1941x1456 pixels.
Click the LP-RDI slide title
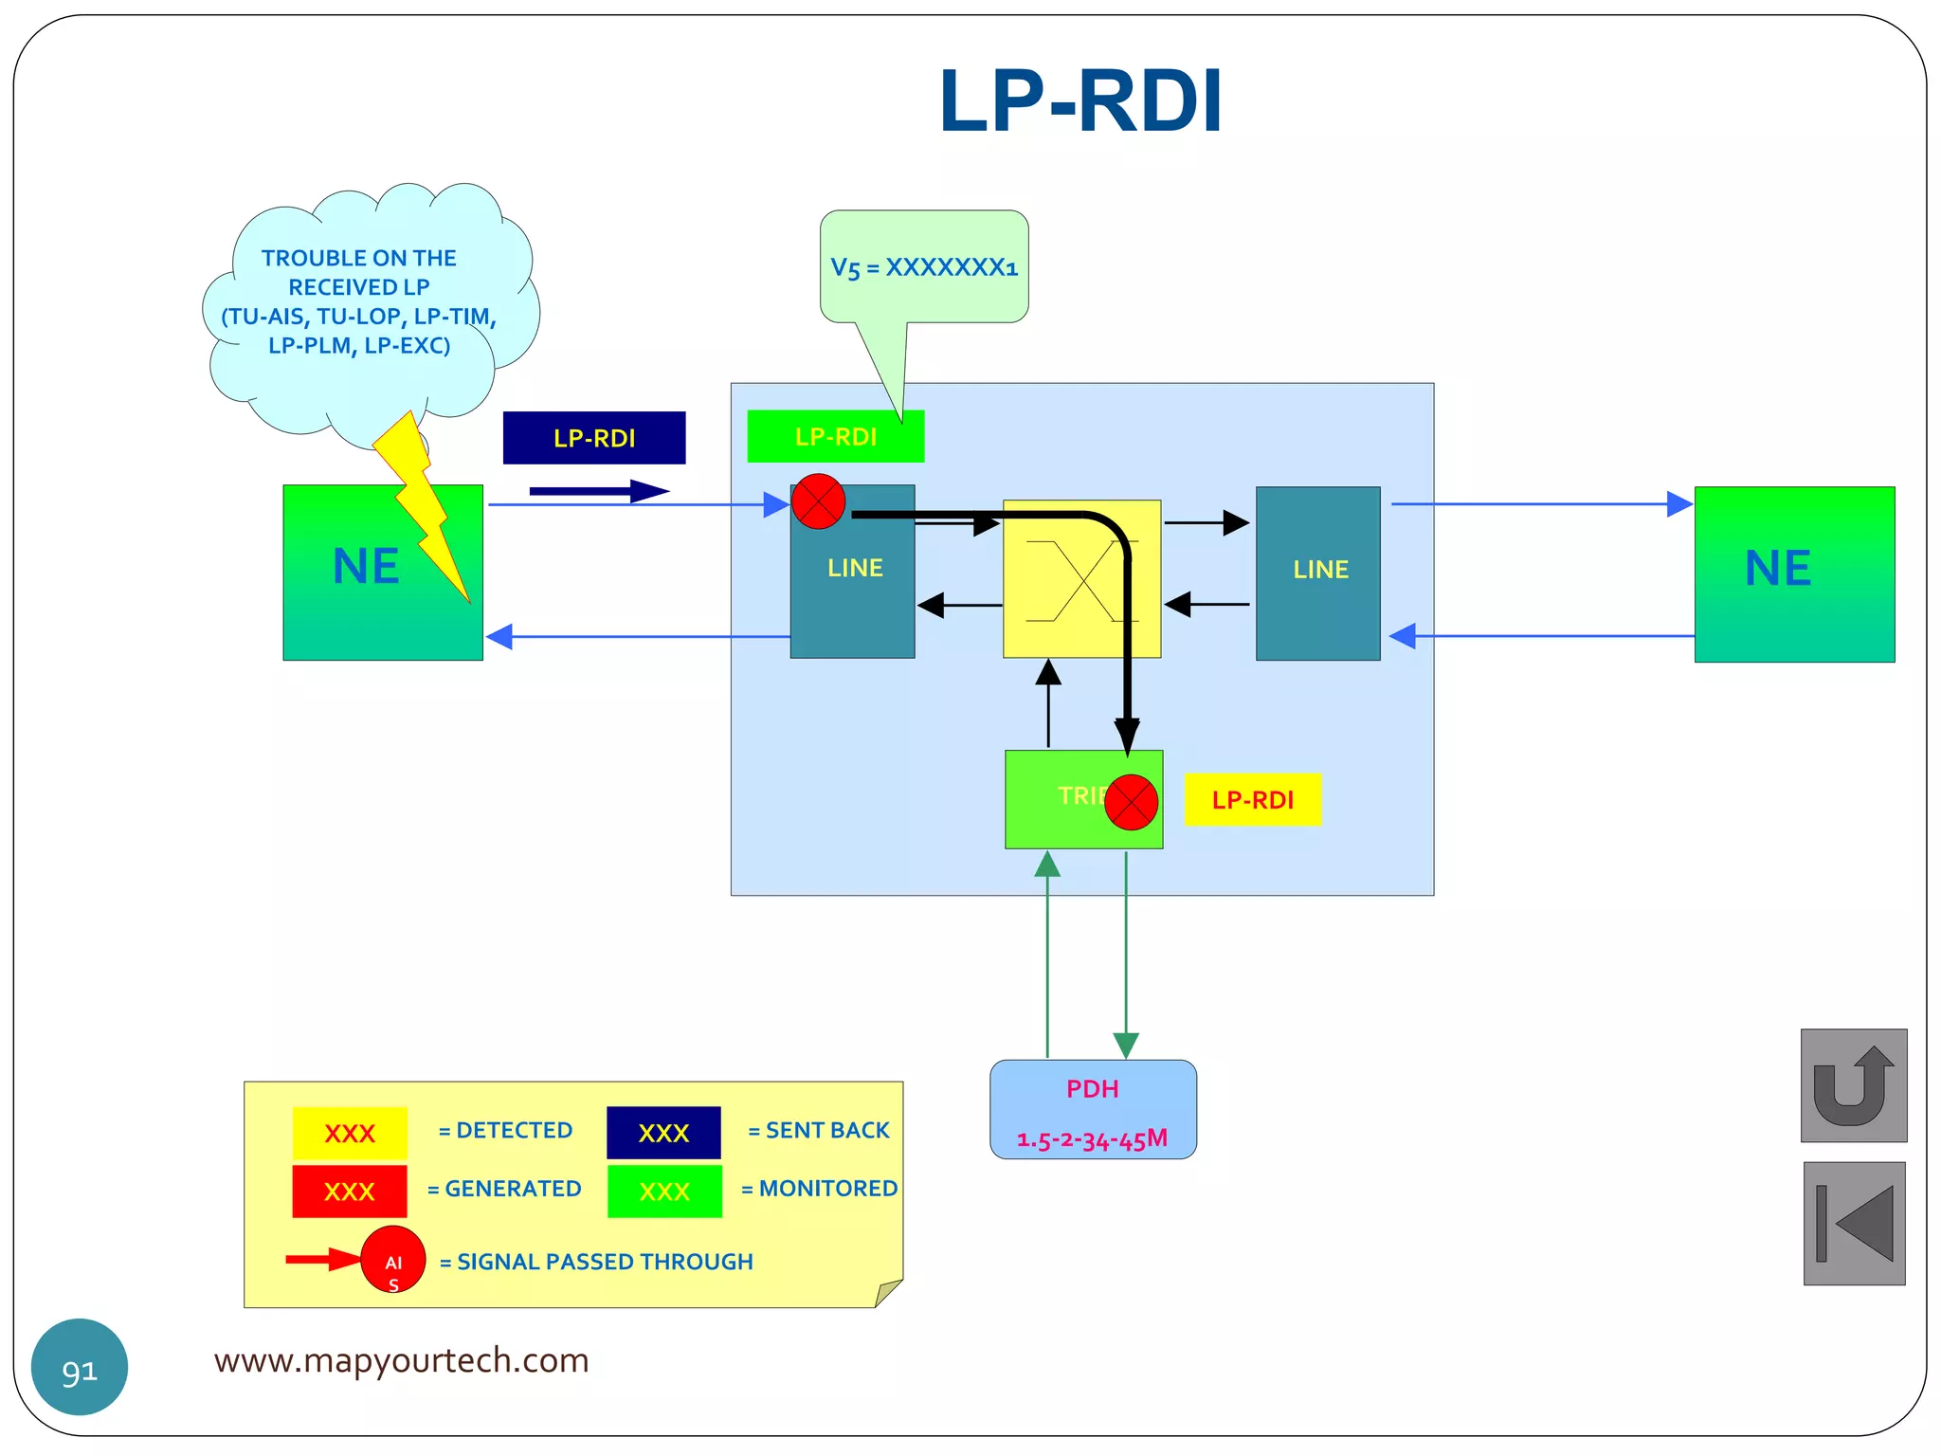click(x=1080, y=101)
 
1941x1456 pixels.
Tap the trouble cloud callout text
click(x=359, y=301)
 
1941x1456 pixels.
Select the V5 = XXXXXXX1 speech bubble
click(x=924, y=267)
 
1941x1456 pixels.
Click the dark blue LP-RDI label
click(x=594, y=438)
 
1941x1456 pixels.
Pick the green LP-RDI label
click(x=835, y=437)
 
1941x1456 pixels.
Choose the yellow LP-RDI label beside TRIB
click(x=1252, y=800)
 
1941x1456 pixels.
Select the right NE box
click(x=1794, y=573)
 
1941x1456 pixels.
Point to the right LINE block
click(x=1317, y=573)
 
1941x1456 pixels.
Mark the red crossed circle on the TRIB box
click(x=1131, y=802)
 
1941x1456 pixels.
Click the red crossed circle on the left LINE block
click(x=818, y=501)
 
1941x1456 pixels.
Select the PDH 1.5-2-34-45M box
click(x=1093, y=1110)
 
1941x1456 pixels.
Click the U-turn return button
click(x=1853, y=1085)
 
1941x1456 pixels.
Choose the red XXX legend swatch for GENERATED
click(x=349, y=1192)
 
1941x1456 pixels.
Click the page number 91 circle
click(x=80, y=1367)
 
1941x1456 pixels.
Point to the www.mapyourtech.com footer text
click(x=401, y=1360)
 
